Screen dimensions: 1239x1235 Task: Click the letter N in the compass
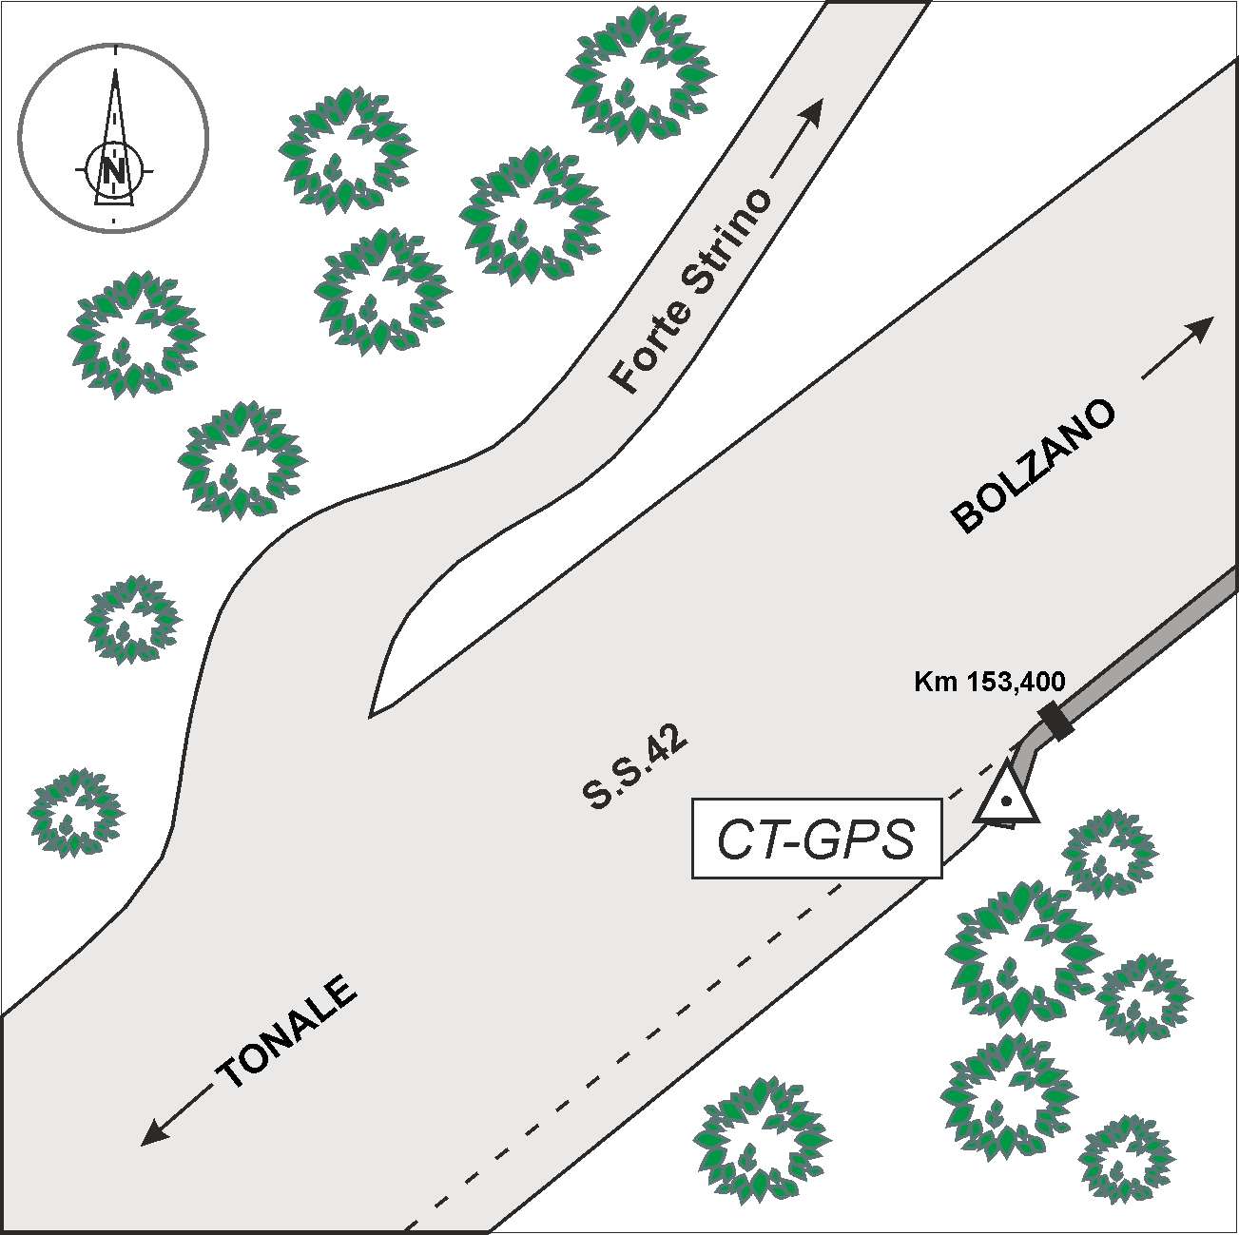point(114,171)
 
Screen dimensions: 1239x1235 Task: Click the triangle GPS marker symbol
point(1006,797)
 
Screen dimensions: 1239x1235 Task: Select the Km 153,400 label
point(989,681)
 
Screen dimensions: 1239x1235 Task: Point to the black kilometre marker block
point(1055,722)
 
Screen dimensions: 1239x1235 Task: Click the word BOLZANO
point(1034,466)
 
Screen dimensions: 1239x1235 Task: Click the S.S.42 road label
point(635,771)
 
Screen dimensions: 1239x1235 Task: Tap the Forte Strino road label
point(691,291)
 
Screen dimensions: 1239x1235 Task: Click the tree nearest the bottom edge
point(761,1139)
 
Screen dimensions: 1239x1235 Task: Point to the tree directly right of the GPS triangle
point(1108,853)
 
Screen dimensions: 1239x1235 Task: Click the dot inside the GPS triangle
point(1005,801)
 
